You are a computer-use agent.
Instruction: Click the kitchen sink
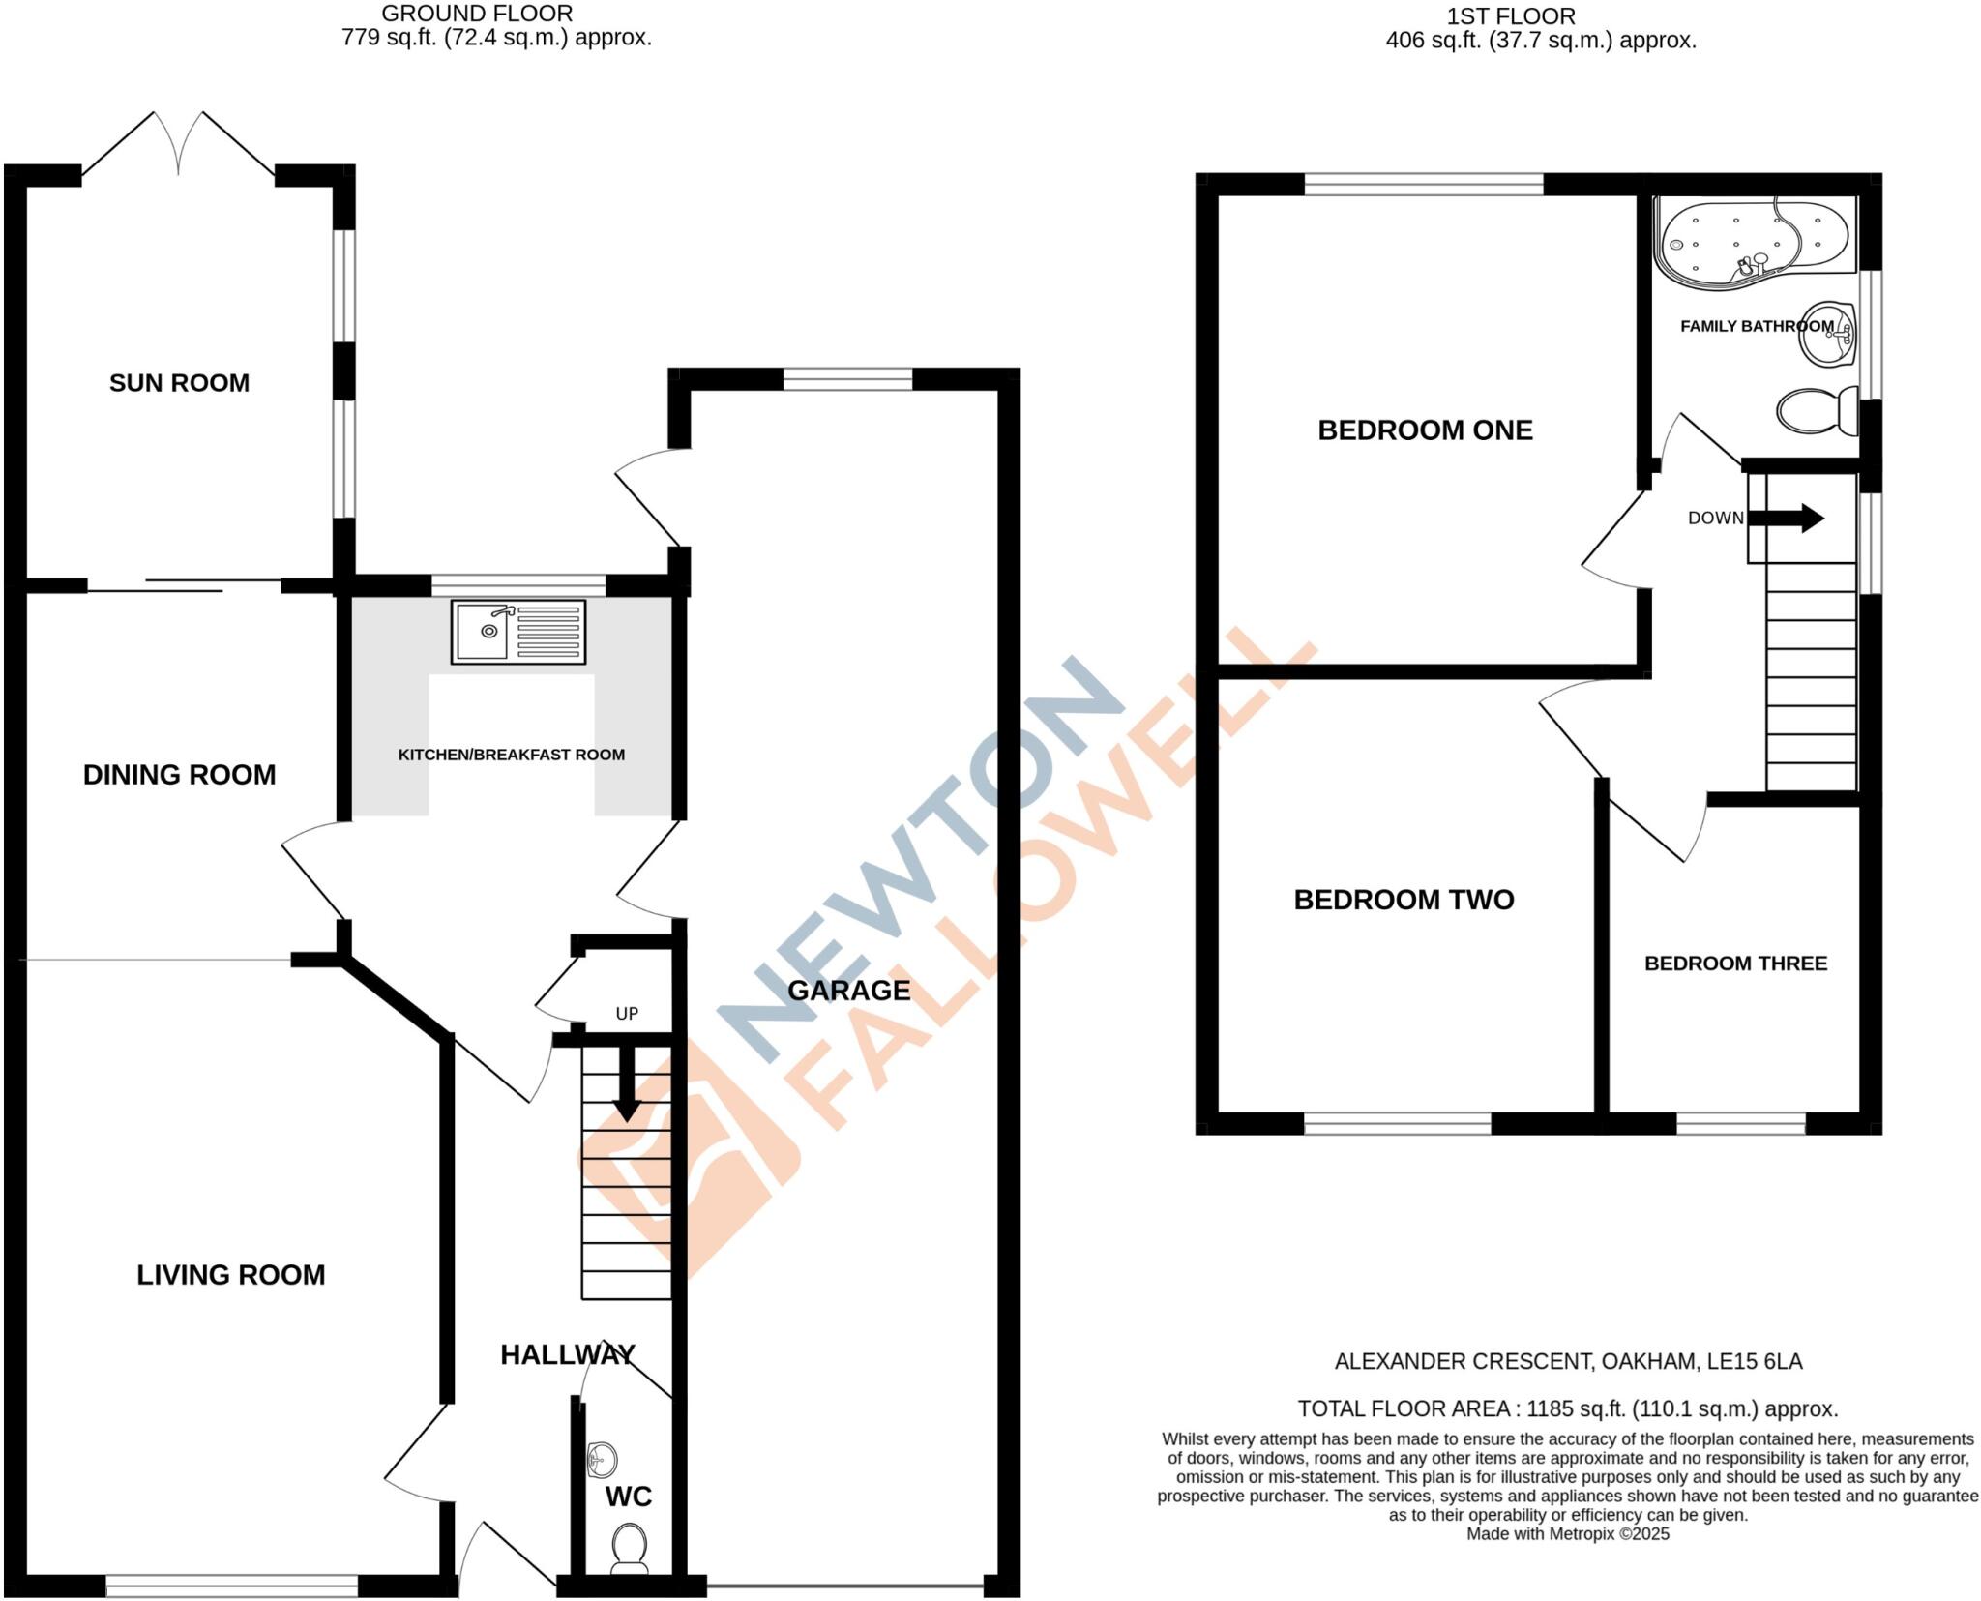coord(518,632)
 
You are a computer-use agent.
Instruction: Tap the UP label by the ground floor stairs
coord(627,1014)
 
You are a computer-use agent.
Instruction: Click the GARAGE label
coord(848,991)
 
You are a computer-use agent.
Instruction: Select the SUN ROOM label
coord(179,383)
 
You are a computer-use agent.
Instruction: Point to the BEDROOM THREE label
coord(1735,964)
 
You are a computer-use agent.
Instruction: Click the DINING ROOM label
coord(179,775)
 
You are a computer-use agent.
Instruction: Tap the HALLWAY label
coord(567,1354)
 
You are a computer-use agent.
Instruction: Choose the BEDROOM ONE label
coord(1425,430)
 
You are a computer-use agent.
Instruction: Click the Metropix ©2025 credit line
coord(1567,1533)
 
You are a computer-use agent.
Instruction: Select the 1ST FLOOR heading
coord(1511,16)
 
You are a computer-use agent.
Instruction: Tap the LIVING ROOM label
coord(230,1275)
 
